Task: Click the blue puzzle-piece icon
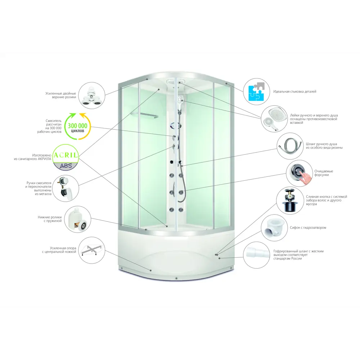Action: point(256,91)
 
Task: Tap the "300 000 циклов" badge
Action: point(78,126)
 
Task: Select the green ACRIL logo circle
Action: point(66,157)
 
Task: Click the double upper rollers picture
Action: point(91,95)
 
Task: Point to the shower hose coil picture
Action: point(290,146)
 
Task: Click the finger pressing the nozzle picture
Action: point(300,174)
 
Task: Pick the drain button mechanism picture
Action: point(289,201)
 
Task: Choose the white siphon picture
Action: point(274,228)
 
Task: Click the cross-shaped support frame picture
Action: point(91,250)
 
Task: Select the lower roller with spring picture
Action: point(78,219)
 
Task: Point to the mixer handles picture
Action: point(66,188)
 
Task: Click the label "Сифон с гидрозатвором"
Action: point(308,228)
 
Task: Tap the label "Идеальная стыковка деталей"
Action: point(294,91)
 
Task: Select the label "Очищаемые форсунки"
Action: point(324,173)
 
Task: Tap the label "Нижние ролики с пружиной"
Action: point(50,219)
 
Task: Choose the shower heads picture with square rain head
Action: point(274,119)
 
